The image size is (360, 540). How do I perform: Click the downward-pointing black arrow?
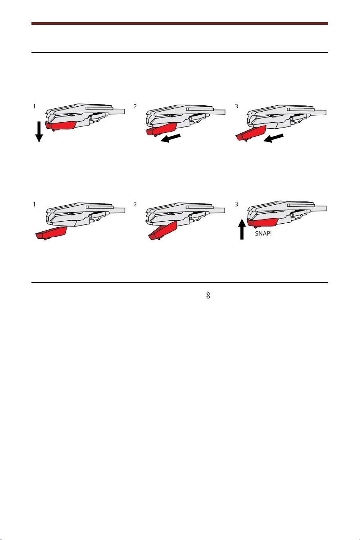39,132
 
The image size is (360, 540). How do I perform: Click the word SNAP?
264,233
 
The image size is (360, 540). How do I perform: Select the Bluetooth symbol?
208,295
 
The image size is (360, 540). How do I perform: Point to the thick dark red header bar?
180,23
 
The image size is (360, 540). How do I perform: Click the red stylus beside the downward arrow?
61,125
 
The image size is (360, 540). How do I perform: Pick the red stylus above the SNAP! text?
262,222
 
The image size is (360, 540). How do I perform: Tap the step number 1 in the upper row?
34,106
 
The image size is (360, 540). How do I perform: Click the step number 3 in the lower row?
236,204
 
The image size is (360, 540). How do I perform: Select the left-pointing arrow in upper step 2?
170,138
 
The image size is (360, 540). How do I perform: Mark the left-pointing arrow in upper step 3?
273,138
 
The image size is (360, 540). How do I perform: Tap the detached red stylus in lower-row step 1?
51,233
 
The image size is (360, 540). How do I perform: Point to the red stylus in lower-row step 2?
163,230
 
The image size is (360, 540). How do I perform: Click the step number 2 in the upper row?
135,106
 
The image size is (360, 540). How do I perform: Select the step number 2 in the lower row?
135,204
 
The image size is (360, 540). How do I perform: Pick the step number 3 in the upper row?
236,106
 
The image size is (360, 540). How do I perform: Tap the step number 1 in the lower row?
34,204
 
